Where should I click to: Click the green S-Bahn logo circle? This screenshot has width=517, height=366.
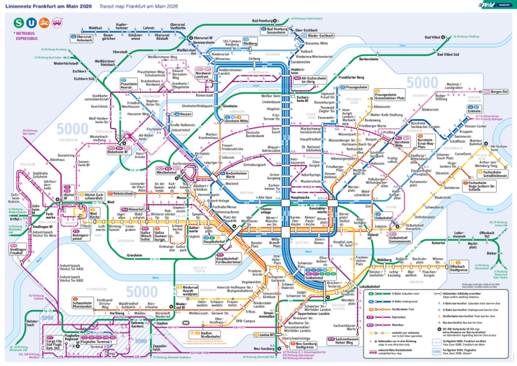[17, 21]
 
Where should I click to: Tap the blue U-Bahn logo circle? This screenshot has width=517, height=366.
[31, 21]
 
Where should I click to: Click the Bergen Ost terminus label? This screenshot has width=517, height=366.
[499, 92]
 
